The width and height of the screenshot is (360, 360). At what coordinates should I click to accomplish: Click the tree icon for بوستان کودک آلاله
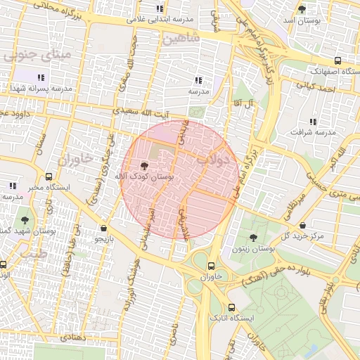pyautogui.click(x=145, y=166)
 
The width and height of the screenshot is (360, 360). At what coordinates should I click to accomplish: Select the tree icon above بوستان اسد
pyautogui.click(x=302, y=9)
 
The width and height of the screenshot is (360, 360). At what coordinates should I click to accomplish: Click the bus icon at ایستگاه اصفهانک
pyautogui.click(x=337, y=61)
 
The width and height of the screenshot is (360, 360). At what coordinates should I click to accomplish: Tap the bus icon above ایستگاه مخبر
pyautogui.click(x=49, y=176)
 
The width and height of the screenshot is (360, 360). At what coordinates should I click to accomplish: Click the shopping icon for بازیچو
pyautogui.click(x=104, y=228)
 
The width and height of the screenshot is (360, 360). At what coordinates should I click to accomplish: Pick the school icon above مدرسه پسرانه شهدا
pyautogui.click(x=41, y=77)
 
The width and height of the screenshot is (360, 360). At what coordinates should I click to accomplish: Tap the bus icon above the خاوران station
pyautogui.click(x=210, y=266)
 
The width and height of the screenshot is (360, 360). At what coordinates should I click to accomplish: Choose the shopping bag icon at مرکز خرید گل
pyautogui.click(x=302, y=226)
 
